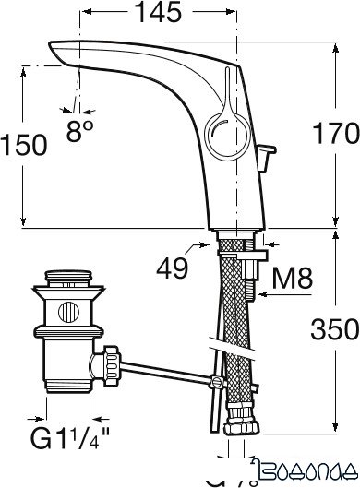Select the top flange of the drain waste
pyautogui.click(x=66, y=277)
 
